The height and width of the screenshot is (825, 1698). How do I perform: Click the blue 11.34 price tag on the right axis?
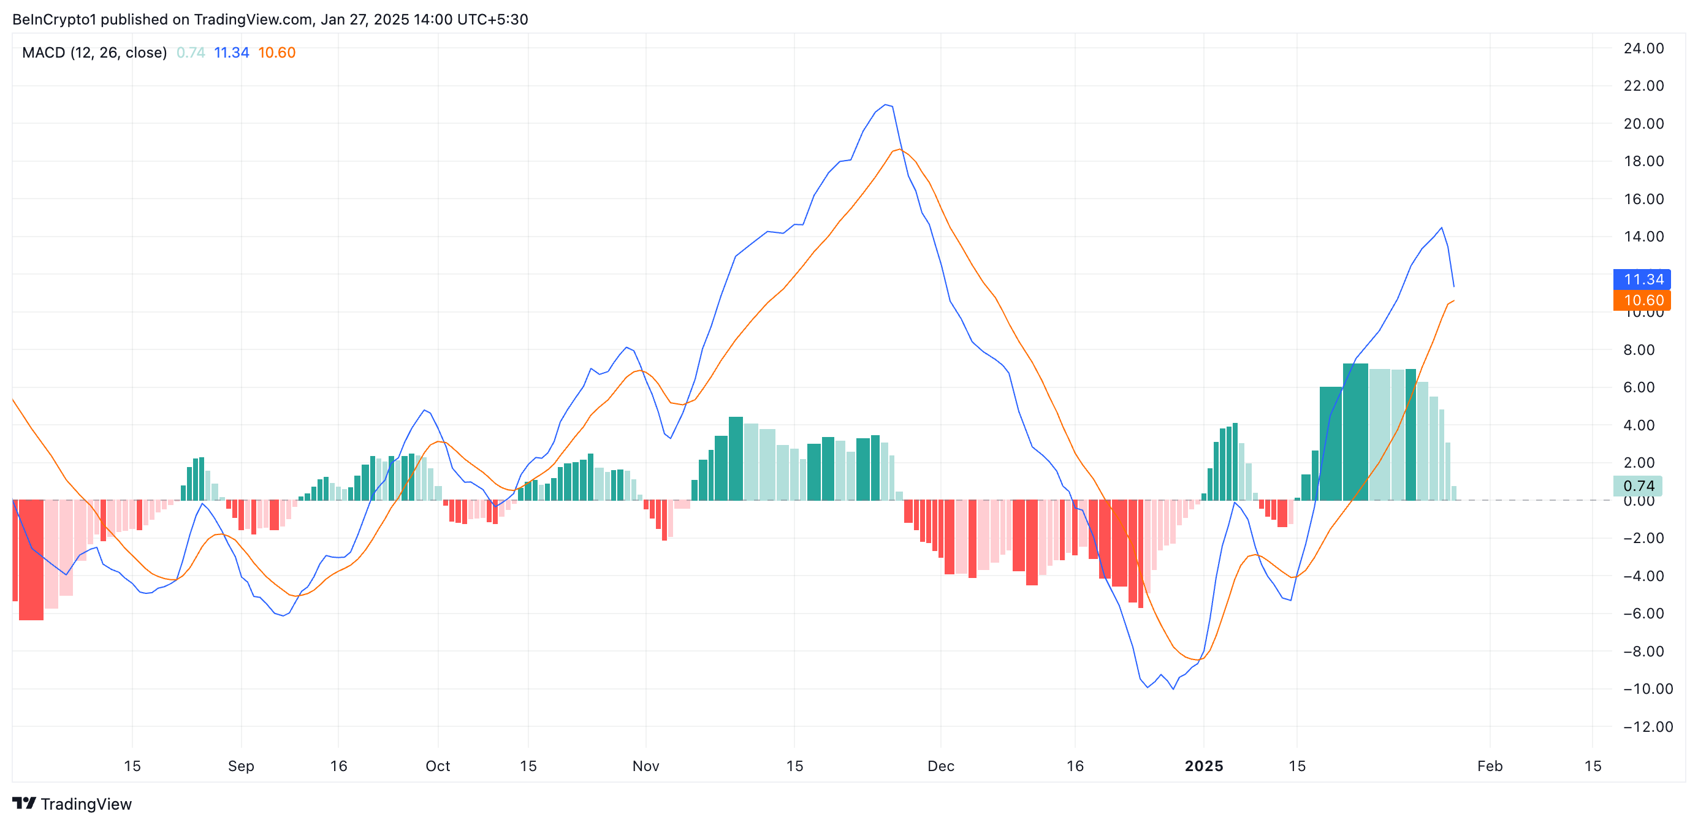[x=1642, y=279]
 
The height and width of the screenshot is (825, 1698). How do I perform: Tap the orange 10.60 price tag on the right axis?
[x=1642, y=300]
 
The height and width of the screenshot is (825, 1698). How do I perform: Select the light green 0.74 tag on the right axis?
[x=1637, y=486]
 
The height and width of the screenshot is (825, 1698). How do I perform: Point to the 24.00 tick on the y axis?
[x=1643, y=48]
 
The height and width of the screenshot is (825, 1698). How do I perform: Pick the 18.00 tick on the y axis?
[x=1643, y=161]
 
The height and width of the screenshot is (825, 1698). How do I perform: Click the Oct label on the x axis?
[x=438, y=766]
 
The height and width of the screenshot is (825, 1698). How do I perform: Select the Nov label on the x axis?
[x=645, y=766]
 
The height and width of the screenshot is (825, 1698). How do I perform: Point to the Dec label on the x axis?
[x=940, y=766]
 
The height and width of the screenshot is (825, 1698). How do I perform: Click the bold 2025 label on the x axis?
[x=1204, y=766]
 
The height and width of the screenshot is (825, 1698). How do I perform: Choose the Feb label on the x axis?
[x=1490, y=766]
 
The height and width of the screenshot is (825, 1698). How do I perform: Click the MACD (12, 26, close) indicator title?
[x=94, y=53]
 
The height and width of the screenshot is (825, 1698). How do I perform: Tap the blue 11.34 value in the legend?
[x=231, y=53]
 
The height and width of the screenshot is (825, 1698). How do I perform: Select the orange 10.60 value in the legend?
[x=277, y=53]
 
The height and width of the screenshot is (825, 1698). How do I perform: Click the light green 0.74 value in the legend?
[x=191, y=53]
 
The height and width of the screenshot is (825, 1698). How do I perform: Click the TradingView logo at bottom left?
[x=72, y=804]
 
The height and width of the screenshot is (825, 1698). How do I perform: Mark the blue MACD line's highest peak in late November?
[x=886, y=104]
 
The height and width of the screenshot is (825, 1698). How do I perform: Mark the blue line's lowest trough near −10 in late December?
[x=1173, y=688]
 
